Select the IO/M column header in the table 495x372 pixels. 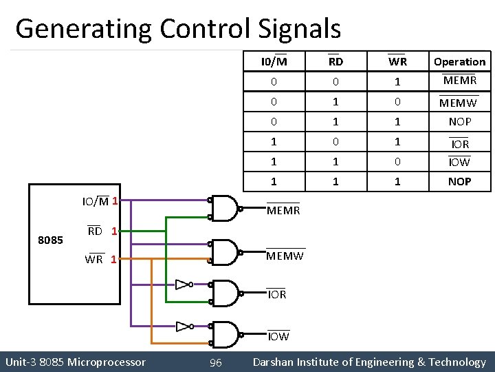[274, 61]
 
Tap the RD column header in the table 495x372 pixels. [335, 61]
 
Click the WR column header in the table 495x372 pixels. [397, 61]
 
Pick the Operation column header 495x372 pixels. [459, 61]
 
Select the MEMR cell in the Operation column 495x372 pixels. [459, 81]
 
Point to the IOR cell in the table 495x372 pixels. [459, 143]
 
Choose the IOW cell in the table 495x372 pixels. [459, 162]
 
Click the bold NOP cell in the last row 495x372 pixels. [459, 182]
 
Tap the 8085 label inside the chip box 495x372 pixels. [51, 240]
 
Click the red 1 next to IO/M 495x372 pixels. [115, 201]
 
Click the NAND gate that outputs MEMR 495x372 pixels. [225, 205]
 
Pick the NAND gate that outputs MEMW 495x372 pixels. [225, 250]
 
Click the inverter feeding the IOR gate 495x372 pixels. [183, 284]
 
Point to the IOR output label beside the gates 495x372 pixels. [276, 294]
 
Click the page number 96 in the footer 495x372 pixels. [215, 362]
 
